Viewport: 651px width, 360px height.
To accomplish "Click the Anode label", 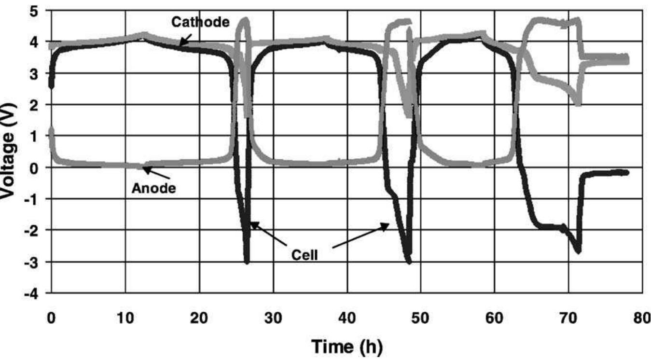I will pyautogui.click(x=154, y=188).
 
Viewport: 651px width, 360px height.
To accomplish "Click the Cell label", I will pyautogui.click(x=304, y=254).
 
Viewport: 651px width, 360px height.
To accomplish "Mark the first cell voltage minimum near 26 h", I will pyautogui.click(x=247, y=261).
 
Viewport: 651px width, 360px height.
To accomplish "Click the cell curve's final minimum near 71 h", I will pyautogui.click(x=578, y=250).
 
